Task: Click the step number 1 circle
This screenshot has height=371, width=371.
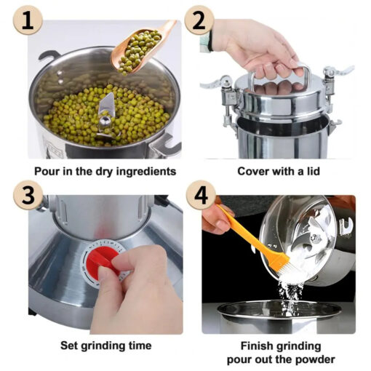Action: [28, 20]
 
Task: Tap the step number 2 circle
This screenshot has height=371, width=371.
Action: [199, 20]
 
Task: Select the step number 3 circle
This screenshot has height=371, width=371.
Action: [28, 195]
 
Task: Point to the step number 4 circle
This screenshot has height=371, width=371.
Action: [201, 195]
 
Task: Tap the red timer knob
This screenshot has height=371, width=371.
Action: [103, 260]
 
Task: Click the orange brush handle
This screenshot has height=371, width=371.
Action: [250, 234]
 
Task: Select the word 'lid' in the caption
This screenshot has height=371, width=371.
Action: [314, 171]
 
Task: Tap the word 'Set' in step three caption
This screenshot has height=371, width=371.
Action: [69, 346]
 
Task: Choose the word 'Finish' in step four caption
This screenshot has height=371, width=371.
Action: [257, 346]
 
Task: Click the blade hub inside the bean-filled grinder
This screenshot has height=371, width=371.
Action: [105, 120]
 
